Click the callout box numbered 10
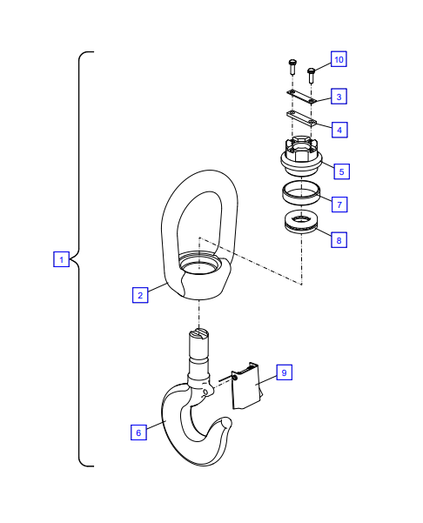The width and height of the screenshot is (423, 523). pyautogui.click(x=339, y=59)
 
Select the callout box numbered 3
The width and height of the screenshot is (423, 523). pyautogui.click(x=339, y=96)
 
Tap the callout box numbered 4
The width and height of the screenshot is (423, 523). pyautogui.click(x=339, y=130)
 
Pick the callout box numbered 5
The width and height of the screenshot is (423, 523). pyautogui.click(x=341, y=171)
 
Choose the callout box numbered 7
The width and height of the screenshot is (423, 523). pyautogui.click(x=339, y=205)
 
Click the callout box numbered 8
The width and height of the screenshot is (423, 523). pyautogui.click(x=339, y=240)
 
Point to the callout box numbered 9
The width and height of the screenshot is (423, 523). pyautogui.click(x=285, y=372)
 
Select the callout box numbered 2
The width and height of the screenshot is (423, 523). pyautogui.click(x=140, y=295)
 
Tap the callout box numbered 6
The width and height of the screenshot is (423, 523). pyautogui.click(x=138, y=432)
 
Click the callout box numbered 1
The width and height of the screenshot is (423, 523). pyautogui.click(x=62, y=259)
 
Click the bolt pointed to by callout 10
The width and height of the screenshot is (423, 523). pyautogui.click(x=312, y=76)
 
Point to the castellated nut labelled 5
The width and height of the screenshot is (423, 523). pyautogui.click(x=301, y=156)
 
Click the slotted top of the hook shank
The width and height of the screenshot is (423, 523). pyautogui.click(x=198, y=334)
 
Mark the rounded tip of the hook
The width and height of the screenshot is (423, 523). pyautogui.click(x=227, y=423)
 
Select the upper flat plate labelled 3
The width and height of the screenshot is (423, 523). pyautogui.click(x=301, y=97)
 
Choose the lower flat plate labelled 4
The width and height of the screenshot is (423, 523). pyautogui.click(x=301, y=118)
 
